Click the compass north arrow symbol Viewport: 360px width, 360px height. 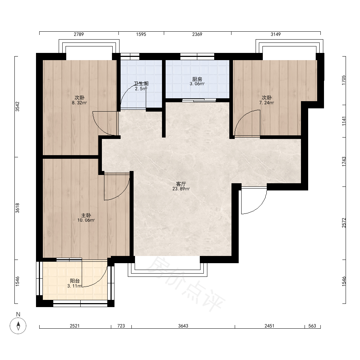[18, 325]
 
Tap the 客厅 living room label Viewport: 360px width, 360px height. [181, 184]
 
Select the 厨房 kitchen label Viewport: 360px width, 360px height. [197, 79]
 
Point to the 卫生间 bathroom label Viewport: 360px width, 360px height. [141, 84]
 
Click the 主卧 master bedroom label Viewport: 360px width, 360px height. [86, 215]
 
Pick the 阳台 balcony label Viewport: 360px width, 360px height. [75, 281]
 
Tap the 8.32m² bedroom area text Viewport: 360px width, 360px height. [80, 103]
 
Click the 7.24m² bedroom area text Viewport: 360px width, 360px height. [266, 103]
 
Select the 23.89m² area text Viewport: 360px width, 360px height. [181, 189]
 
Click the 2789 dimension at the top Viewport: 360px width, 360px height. [79, 34]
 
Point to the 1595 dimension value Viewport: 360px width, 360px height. [141, 34]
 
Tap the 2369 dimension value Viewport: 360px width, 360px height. [197, 34]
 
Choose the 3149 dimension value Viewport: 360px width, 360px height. [275, 34]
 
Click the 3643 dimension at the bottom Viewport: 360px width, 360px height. [183, 326]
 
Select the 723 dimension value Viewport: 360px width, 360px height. [121, 326]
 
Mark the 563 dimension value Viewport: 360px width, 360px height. [312, 326]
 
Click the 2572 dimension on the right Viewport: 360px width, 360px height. [344, 223]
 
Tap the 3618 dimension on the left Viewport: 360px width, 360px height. [17, 208]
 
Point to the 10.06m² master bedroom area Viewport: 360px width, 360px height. [86, 220]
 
